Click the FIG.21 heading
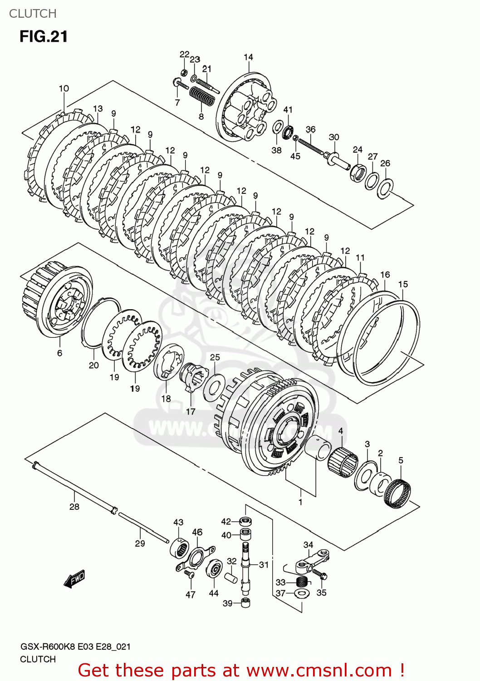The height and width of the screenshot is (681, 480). pos(44,36)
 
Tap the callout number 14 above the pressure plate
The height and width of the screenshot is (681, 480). pos(248,57)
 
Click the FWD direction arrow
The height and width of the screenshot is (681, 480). pos(74,579)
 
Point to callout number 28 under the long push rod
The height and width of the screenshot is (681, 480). pos(74,507)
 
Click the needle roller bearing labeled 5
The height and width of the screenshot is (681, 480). pos(398,493)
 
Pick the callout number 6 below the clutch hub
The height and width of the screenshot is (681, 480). pos(59,353)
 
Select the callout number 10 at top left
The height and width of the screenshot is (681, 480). pos(64,89)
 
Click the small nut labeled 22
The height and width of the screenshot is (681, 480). pos(184,72)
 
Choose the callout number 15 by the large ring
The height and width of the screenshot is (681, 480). pos(403,284)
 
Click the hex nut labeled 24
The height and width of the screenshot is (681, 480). pos(358,172)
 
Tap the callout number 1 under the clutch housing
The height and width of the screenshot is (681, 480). pos(300,502)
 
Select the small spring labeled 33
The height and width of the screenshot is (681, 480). pos(301,582)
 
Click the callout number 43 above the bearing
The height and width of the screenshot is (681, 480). pos(178,522)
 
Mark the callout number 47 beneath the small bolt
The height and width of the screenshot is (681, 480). pos(191,594)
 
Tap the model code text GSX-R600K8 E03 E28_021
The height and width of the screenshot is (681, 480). pos(75,646)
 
